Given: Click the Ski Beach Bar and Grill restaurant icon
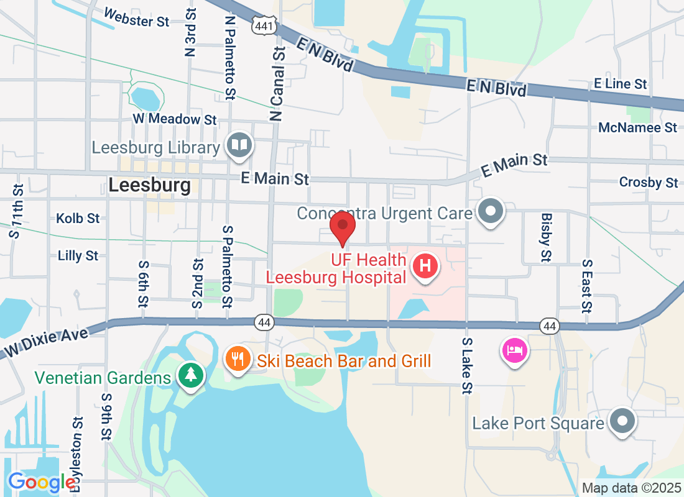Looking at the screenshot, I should (237, 358).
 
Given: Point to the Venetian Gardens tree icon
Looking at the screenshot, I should (191, 375).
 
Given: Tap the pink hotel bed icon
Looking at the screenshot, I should (515, 350).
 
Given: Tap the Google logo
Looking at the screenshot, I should (42, 482).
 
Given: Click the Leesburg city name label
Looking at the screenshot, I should (149, 185).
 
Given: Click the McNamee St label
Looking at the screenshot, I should (637, 127).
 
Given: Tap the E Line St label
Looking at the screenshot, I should (621, 83).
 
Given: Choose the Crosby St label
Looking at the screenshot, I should (649, 182).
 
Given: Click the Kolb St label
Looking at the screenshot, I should (78, 218).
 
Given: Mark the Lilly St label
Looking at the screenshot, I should (78, 255).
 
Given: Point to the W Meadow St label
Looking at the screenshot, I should (175, 119).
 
